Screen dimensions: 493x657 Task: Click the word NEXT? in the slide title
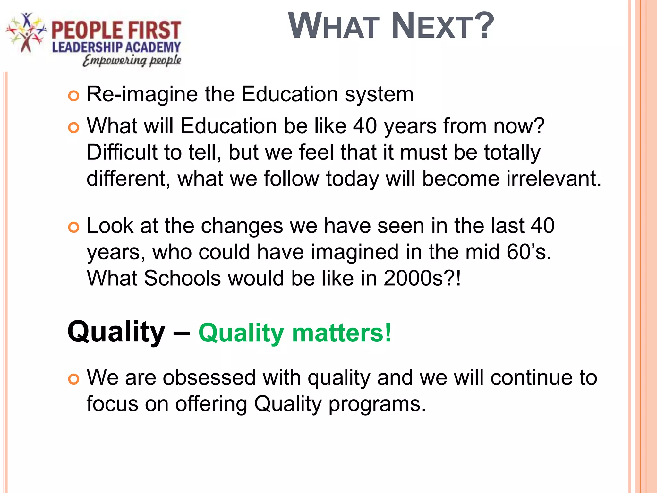pos(443,26)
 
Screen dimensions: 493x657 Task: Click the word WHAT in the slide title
pos(334,26)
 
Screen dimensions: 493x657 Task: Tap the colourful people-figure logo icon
pos(26,32)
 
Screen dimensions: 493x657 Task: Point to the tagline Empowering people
pos(132,60)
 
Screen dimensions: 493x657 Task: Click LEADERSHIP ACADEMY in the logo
pos(116,48)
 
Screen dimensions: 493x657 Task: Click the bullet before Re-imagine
pos(73,96)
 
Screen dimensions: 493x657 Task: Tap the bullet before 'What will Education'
pos(73,128)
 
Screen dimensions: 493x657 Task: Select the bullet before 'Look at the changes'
pos(73,228)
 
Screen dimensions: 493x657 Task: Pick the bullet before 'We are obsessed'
pos(73,379)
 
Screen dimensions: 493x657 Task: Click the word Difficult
pos(122,152)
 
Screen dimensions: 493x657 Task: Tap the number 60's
pos(529,252)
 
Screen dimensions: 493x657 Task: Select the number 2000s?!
pos(422,278)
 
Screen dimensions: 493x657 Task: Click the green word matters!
pos(342,333)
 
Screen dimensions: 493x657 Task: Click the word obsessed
pos(209,377)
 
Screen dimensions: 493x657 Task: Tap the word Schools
pos(182,278)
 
